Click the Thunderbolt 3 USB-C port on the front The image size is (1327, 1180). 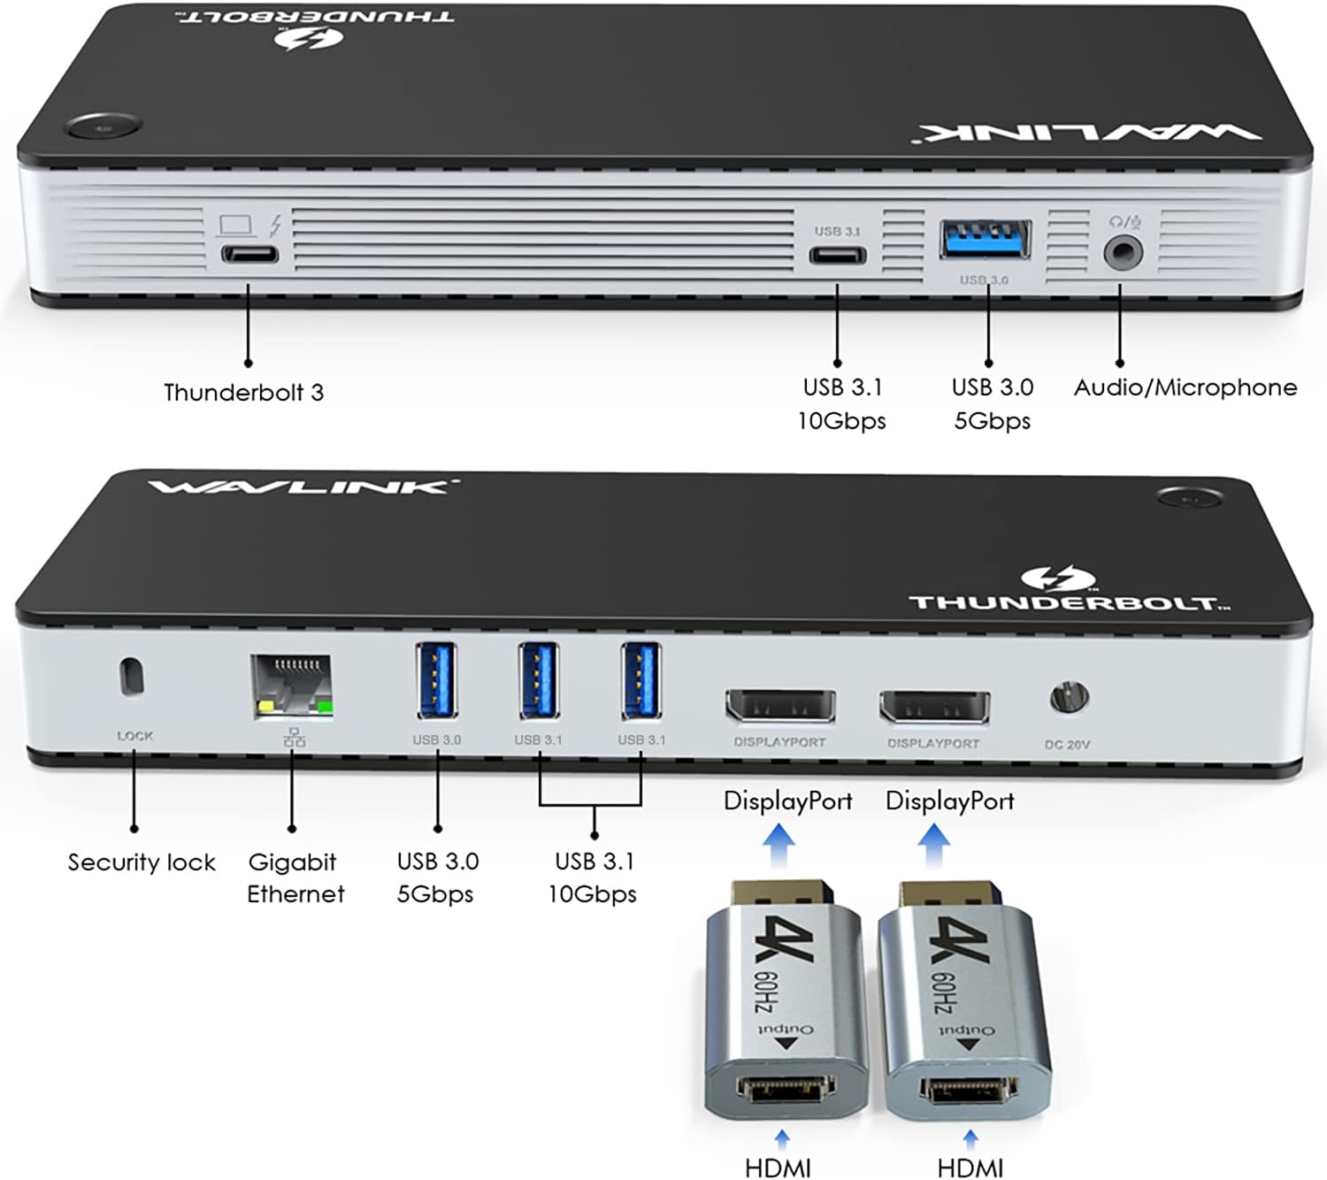[x=249, y=256]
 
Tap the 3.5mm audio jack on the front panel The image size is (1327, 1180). [x=1123, y=253]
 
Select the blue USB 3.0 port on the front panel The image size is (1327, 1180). [x=985, y=240]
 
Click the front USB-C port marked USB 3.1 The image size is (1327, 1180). [x=837, y=257]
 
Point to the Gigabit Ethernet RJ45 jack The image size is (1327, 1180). [x=291, y=686]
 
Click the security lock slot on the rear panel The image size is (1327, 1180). [x=132, y=677]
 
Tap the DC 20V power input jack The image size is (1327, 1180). [x=1069, y=699]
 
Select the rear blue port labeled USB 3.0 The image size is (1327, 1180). [x=436, y=680]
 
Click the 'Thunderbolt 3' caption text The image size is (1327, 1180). [x=243, y=393]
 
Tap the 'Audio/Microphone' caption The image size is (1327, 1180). [x=1185, y=387]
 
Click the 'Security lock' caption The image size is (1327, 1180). [x=142, y=862]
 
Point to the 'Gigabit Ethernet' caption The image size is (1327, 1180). [x=295, y=877]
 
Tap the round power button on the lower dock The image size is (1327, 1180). [x=1190, y=498]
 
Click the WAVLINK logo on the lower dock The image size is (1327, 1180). [x=301, y=487]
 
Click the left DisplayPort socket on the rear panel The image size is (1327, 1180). [x=779, y=706]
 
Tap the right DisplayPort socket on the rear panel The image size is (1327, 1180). [x=933, y=708]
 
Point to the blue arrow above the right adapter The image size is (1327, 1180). [x=933, y=845]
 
